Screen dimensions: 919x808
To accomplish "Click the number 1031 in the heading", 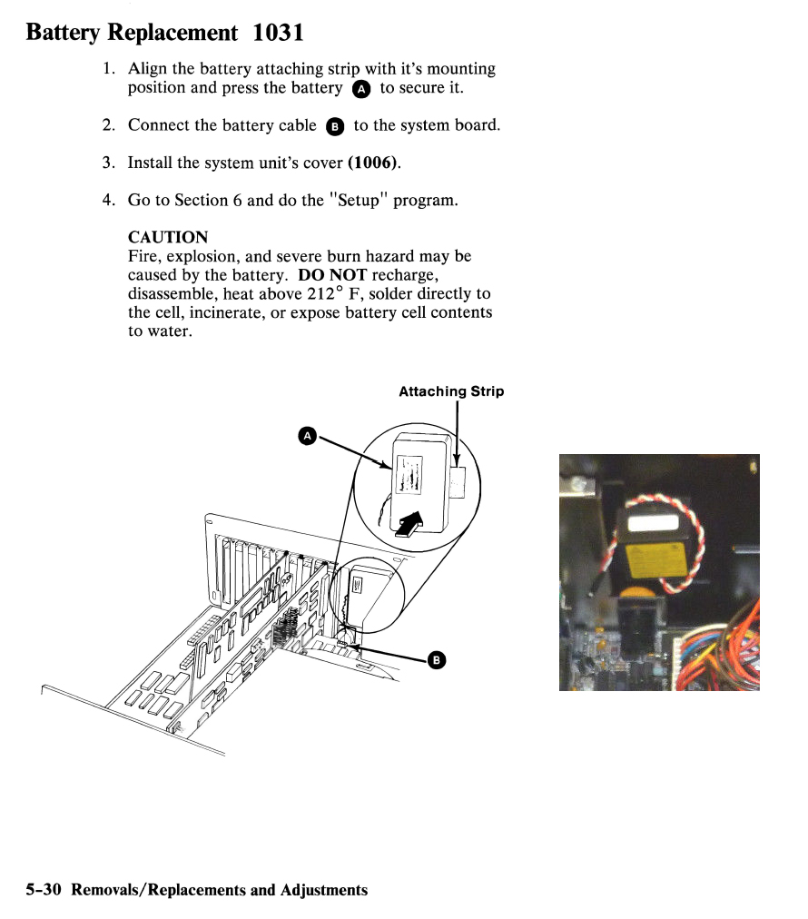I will point(279,33).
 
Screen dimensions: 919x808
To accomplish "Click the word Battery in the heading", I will point(63,33).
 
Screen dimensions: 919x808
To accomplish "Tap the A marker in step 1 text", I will point(360,89).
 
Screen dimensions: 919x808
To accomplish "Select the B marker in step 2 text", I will point(334,127).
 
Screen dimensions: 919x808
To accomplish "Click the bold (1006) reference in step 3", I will point(373,163).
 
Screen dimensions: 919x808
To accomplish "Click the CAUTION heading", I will point(168,237).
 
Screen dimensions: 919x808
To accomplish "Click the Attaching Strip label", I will point(451,391).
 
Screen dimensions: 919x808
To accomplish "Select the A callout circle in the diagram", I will point(307,437).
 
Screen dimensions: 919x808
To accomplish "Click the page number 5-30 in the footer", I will point(44,890).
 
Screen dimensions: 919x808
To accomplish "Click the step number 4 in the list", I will point(108,200).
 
